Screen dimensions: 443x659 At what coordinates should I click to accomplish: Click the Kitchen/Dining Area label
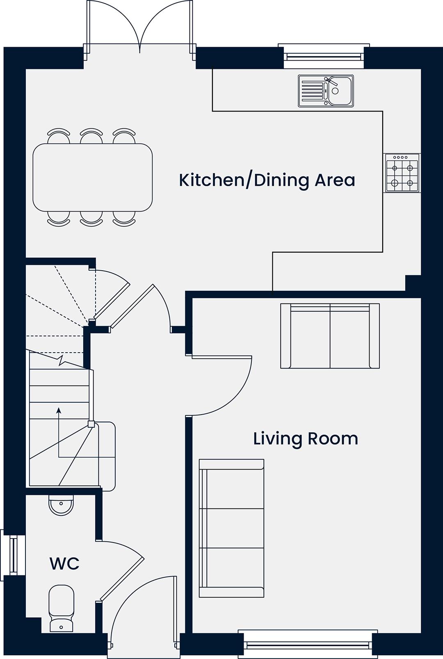click(267, 180)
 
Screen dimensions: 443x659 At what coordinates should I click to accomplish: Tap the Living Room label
click(306, 439)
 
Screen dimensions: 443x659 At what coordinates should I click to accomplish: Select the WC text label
click(64, 563)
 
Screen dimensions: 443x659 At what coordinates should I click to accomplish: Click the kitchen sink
click(326, 91)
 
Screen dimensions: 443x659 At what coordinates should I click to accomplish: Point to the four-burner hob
click(402, 173)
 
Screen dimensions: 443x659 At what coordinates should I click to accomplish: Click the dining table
click(92, 177)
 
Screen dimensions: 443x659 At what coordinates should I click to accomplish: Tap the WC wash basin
click(61, 505)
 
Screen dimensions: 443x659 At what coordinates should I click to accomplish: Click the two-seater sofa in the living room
click(330, 336)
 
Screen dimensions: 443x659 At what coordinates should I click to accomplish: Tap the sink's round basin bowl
click(335, 91)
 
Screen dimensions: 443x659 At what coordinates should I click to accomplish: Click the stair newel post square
click(91, 424)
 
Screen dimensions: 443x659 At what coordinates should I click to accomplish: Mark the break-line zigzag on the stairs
click(62, 360)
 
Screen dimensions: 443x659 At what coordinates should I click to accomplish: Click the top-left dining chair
click(59, 135)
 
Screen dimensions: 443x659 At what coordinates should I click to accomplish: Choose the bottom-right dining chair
click(124, 219)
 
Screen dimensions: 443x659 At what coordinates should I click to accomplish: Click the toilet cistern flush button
click(61, 627)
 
